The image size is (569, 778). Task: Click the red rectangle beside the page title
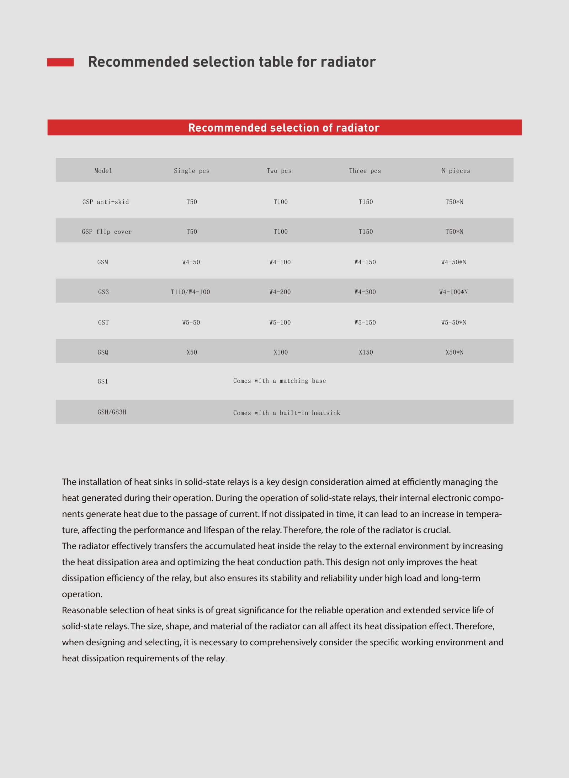click(60, 62)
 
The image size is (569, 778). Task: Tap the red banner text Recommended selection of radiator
click(284, 128)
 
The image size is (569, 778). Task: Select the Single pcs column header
click(191, 171)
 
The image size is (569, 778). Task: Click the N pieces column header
click(456, 171)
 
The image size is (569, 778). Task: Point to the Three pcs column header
click(365, 171)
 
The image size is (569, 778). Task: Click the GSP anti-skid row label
click(106, 202)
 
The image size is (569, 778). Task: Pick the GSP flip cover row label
click(107, 232)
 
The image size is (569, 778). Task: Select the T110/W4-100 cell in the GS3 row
click(190, 292)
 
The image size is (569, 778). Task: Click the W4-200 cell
click(280, 292)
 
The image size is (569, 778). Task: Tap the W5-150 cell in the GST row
click(365, 323)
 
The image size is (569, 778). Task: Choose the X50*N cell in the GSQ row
click(454, 353)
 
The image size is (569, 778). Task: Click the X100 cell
click(281, 353)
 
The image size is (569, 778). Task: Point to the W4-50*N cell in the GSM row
click(453, 262)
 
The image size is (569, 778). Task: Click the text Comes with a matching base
click(280, 381)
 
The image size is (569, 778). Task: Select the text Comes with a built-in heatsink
click(287, 413)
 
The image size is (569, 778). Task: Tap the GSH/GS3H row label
click(112, 412)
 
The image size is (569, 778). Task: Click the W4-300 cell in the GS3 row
click(365, 292)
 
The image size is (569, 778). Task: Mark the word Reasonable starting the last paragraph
click(84, 610)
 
